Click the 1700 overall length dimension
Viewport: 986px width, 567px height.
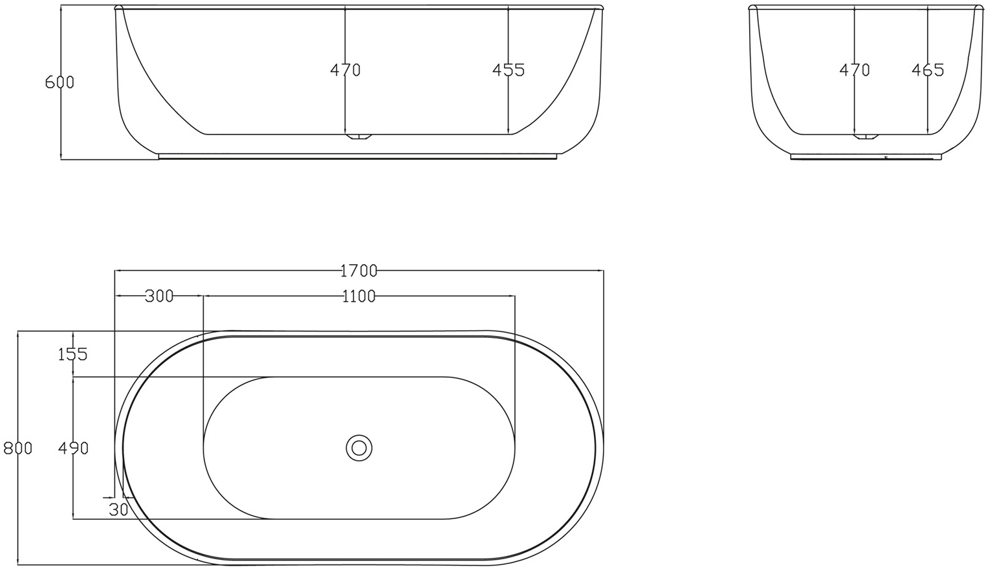[358, 270]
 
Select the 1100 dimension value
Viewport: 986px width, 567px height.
[358, 296]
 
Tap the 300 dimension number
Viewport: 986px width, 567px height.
[159, 296]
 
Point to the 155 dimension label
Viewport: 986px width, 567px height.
[72, 354]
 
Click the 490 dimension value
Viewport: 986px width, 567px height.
[72, 447]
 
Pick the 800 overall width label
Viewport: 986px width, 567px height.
[17, 447]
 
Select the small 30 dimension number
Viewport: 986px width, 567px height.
[118, 509]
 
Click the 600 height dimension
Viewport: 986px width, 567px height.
[60, 82]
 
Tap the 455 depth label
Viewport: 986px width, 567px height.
[508, 69]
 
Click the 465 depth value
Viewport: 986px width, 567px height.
[928, 69]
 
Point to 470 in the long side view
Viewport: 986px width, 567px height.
[345, 69]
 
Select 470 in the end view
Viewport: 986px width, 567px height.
[854, 69]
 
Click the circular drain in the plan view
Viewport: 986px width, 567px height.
[359, 447]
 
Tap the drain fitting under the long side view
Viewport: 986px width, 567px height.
[359, 137]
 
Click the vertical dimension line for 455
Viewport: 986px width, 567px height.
[509, 104]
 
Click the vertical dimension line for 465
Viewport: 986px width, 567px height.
[928, 104]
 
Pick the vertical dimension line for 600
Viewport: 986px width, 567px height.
[60, 123]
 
